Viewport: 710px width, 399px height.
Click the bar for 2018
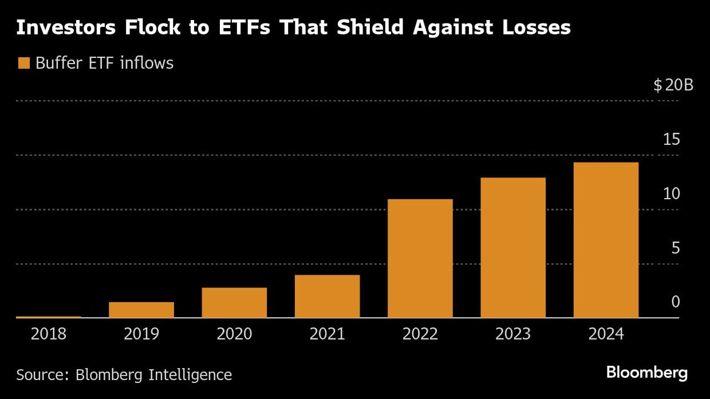(49, 317)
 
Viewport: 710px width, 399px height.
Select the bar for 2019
(141, 310)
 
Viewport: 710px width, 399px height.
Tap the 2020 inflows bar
(234, 303)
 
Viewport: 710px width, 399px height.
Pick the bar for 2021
(327, 297)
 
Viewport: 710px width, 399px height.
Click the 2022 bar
(420, 258)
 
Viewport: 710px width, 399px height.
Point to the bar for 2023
(513, 248)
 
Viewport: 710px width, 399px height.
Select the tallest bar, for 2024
(606, 240)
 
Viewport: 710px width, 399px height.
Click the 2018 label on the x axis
(49, 334)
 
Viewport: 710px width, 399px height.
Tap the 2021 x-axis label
(327, 334)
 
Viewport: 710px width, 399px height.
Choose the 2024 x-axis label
(606, 334)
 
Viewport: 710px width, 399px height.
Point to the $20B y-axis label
(673, 86)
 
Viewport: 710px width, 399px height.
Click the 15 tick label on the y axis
(671, 139)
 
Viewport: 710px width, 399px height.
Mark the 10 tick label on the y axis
(671, 193)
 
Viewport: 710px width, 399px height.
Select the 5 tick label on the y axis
(675, 248)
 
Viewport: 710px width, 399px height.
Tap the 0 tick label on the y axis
(675, 302)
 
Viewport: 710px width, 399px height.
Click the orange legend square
(23, 63)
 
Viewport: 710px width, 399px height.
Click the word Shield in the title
(363, 27)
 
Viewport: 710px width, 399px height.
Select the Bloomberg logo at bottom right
(646, 373)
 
